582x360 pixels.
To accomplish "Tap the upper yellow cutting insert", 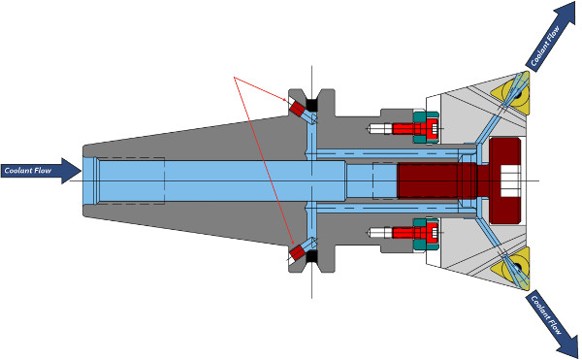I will click(512, 92).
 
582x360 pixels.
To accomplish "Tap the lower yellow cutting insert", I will click(511, 264).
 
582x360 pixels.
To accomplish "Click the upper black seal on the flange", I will click(314, 102).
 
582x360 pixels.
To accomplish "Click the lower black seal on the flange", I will click(314, 259).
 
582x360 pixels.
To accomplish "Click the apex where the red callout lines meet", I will click(235, 78).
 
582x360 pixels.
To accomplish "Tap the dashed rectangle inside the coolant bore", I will click(132, 180).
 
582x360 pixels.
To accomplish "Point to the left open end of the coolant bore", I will click(90, 180).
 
